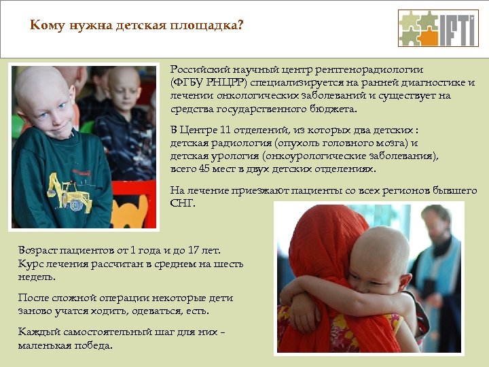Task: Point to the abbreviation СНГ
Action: click(x=181, y=203)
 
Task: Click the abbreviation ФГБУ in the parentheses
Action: click(x=187, y=82)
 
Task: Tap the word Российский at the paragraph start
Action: click(x=197, y=69)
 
